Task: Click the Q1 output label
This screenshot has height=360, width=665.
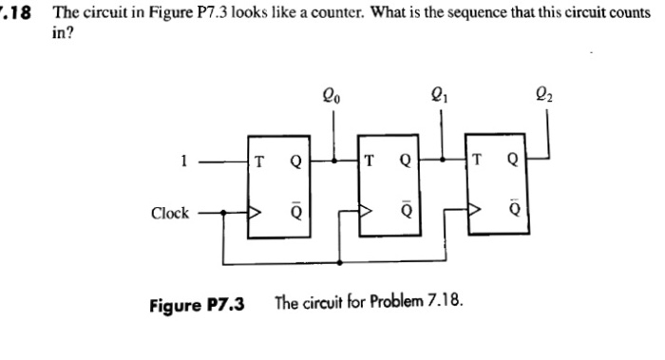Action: (439, 95)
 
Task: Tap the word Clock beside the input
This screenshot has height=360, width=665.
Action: (170, 213)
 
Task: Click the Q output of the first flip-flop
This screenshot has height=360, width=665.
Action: (295, 160)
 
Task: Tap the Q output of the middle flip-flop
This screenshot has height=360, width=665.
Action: (405, 160)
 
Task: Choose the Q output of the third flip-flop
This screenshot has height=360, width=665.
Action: (513, 160)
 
